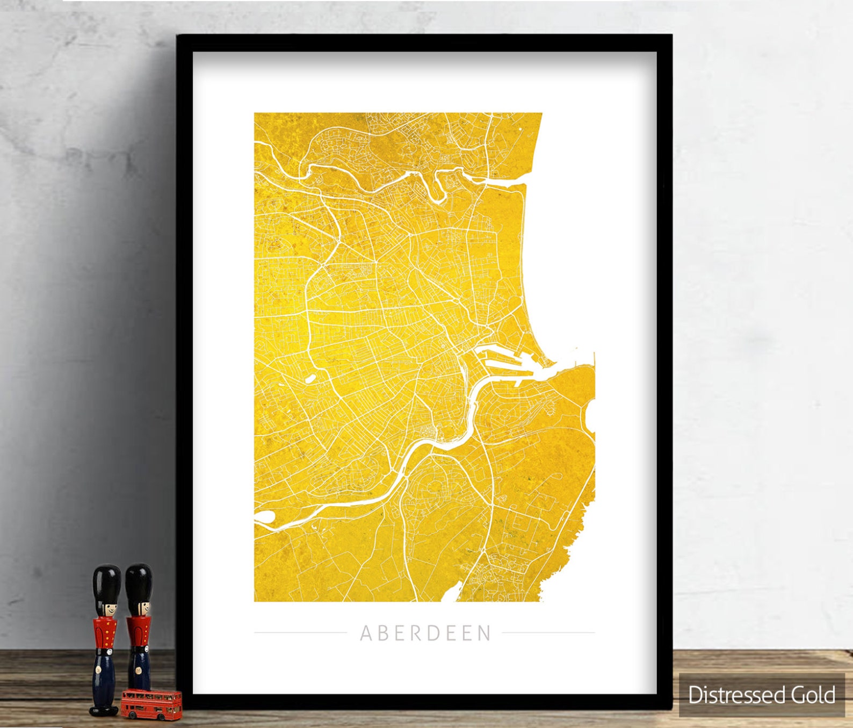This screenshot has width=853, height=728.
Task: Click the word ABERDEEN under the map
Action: [425, 633]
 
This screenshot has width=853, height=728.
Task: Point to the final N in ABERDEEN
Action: [485, 633]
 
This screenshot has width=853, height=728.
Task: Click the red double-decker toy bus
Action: [151, 704]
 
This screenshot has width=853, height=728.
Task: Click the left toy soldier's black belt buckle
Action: [105, 652]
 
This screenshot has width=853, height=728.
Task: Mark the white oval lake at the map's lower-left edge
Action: [264, 517]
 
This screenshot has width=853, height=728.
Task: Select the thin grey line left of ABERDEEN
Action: [300, 633]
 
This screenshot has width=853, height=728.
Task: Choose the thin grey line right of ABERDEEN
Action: [548, 633]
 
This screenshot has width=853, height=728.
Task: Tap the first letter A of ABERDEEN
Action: [366, 633]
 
